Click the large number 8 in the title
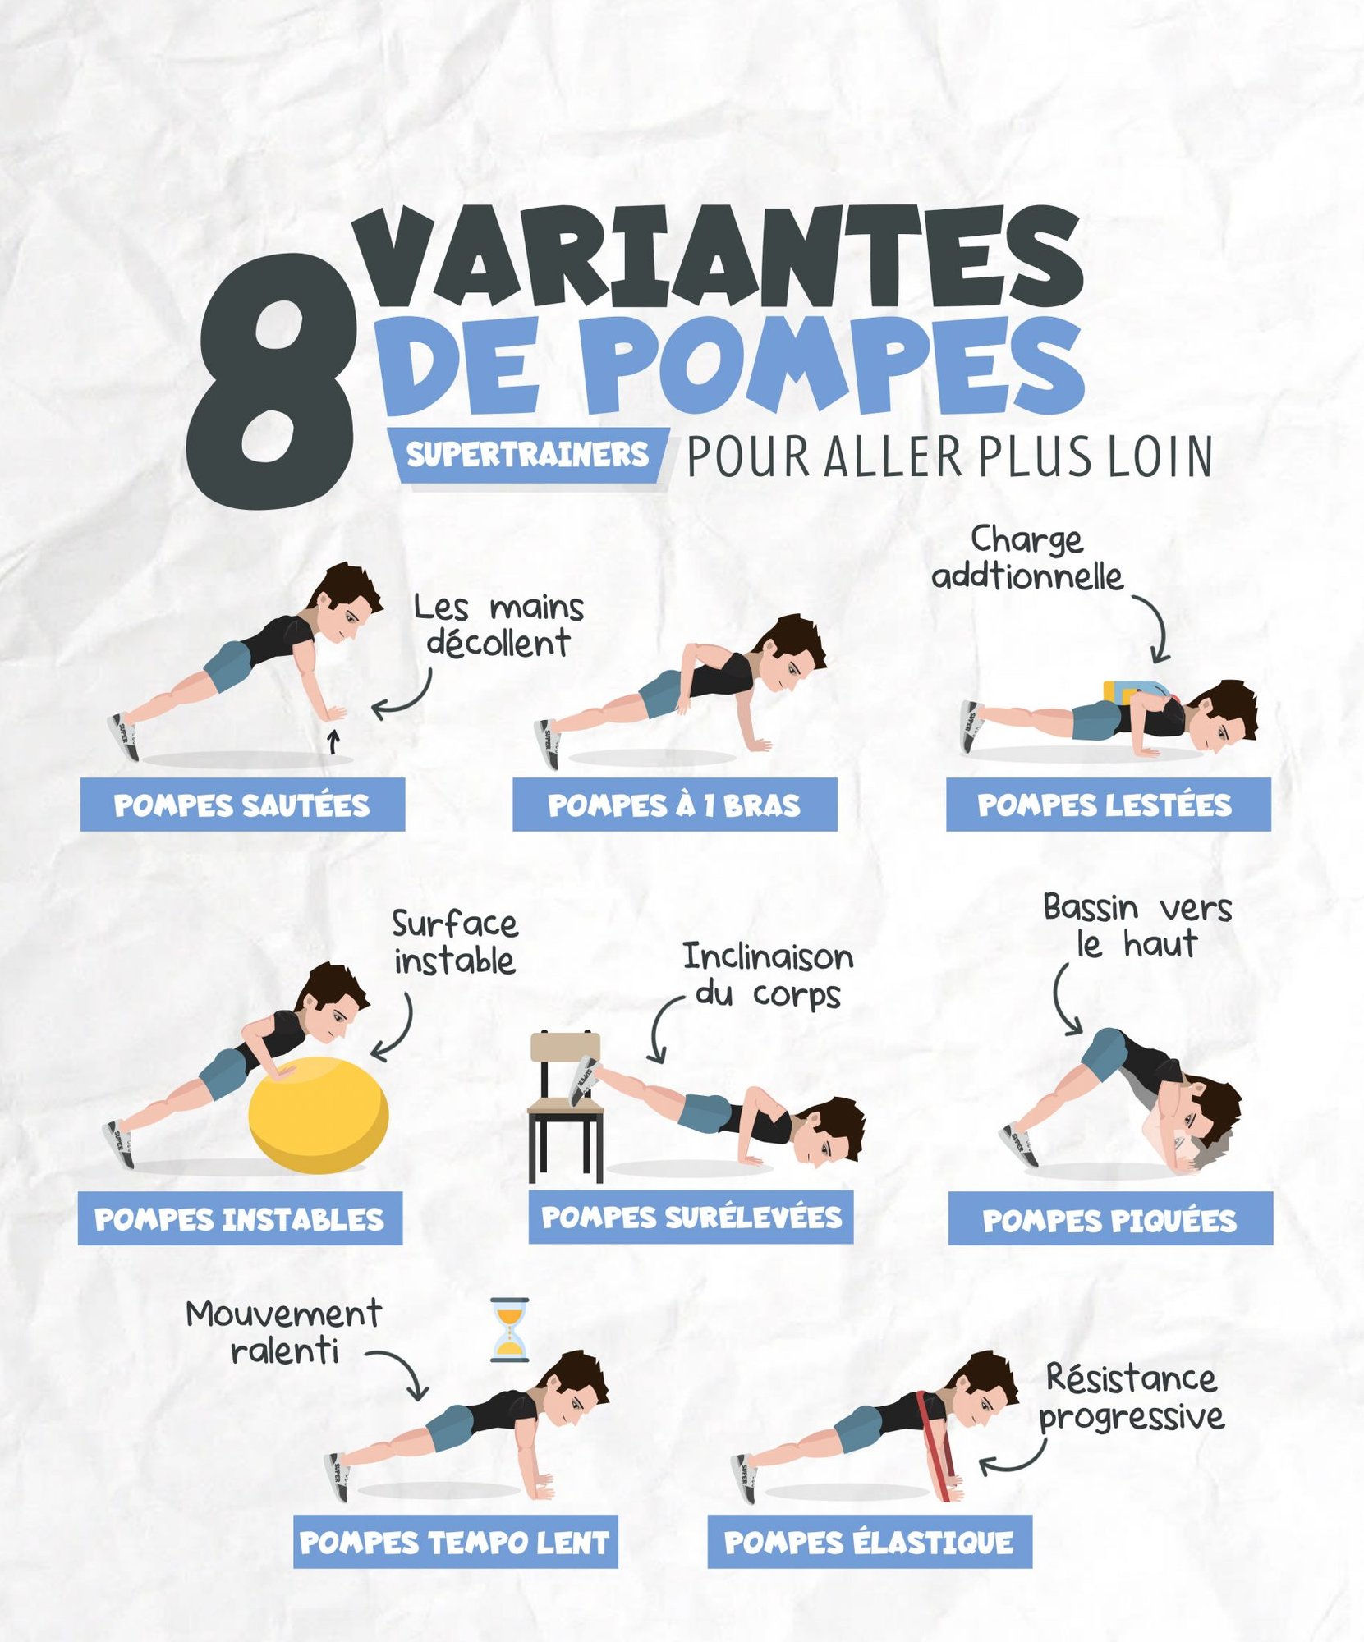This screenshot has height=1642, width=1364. tap(271, 382)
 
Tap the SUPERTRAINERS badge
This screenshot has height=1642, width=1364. tap(527, 455)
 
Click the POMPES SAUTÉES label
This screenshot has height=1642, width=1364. tap(242, 805)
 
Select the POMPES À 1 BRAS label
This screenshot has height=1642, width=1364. tap(674, 805)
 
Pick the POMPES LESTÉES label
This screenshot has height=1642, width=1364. tap(1108, 805)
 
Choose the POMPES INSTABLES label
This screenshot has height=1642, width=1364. tap(240, 1218)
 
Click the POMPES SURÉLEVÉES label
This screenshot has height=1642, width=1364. tap(691, 1217)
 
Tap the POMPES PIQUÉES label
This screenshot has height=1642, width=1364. tap(1110, 1219)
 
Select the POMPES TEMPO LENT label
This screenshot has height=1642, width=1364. tap(455, 1542)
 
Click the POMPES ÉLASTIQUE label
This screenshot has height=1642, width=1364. tap(869, 1542)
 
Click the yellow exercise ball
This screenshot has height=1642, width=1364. tap(319, 1113)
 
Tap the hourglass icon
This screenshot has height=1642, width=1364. tap(509, 1329)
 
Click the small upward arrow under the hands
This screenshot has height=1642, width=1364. tap(333, 741)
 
